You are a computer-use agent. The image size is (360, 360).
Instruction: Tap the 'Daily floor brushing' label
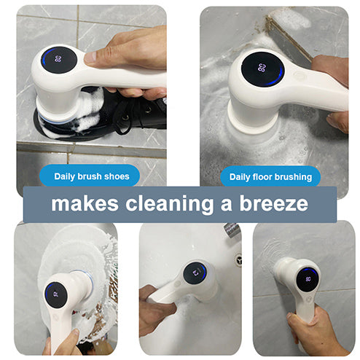pos(270,176)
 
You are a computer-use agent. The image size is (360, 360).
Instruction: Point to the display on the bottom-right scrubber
pos(308,278)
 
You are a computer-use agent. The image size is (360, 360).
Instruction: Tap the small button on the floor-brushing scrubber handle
pos(298,74)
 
